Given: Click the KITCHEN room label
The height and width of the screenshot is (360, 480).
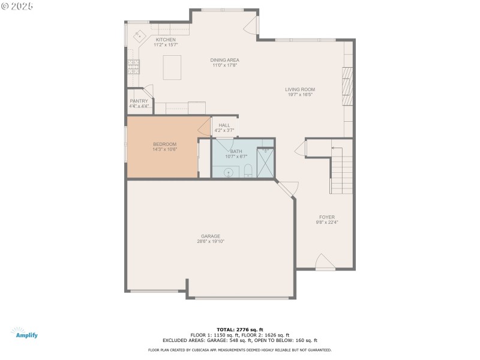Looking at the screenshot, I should point(166,40).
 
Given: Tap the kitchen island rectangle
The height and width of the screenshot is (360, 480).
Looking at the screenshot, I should point(172,67).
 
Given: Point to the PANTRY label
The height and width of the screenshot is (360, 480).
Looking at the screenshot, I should point(139,101).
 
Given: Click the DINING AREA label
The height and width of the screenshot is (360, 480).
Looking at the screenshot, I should point(225,60).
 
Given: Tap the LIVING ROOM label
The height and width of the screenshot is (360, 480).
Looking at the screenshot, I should point(300,89).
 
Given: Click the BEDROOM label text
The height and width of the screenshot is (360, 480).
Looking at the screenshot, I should point(164,144).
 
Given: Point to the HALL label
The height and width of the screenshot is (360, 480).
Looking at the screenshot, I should point(224,125).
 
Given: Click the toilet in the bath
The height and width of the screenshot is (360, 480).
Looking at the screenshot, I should point(248,173).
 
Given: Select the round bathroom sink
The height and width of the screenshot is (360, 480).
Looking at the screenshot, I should point(229,173).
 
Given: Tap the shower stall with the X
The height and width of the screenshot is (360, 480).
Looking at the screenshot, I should point(265,163).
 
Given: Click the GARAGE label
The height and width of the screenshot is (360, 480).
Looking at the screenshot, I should point(210,236).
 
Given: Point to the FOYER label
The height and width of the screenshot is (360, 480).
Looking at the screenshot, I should point(327,217).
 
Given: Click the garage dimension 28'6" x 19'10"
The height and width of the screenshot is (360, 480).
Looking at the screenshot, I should point(210,241).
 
